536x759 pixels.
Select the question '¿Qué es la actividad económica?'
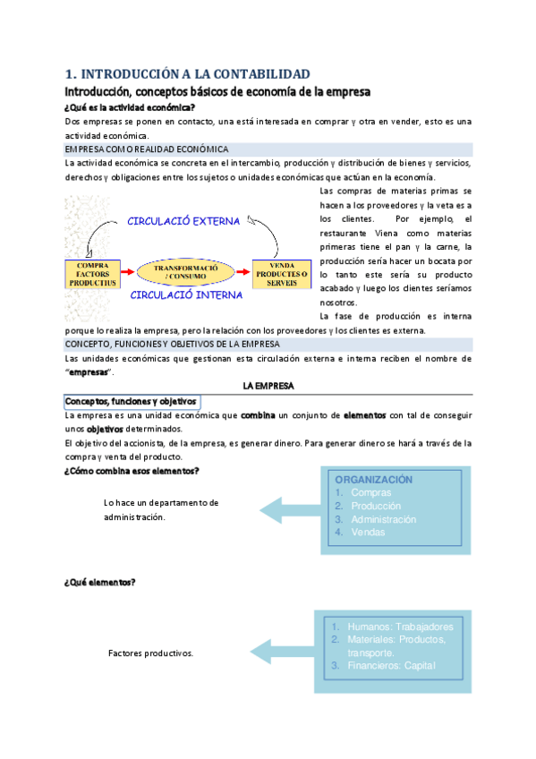coord(130,107)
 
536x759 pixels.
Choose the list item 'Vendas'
coord(369,533)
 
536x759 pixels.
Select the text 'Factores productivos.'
coord(150,653)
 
